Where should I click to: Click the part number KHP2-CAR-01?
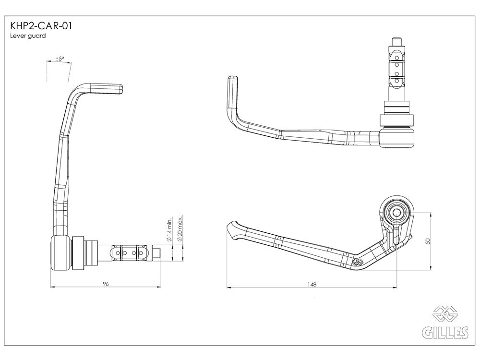41,26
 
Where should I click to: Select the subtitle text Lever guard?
28,36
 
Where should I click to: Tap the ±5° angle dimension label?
60,58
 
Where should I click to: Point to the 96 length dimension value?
106,284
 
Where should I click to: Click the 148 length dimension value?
312,284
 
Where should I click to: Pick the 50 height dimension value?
428,241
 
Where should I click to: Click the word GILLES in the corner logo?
445,333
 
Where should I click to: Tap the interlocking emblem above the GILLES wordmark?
445,314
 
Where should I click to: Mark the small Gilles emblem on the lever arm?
358,262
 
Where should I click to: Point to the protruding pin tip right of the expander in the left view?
157,253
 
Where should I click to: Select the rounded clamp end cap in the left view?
60,253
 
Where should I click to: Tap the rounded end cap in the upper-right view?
397,138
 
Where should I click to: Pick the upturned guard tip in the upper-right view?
233,92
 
